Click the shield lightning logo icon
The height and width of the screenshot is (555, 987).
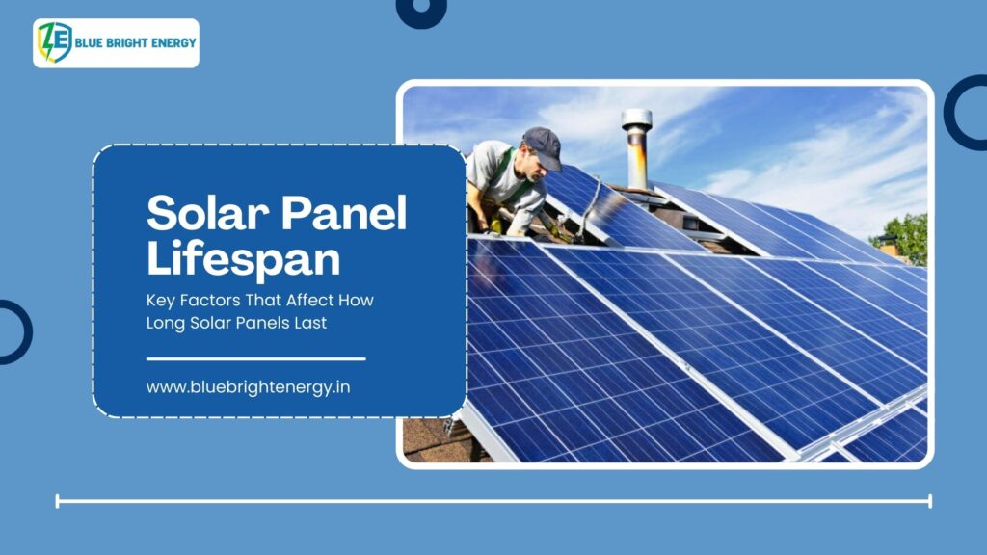[55, 42]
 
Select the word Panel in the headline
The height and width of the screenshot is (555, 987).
[344, 213]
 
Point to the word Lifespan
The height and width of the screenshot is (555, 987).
[244, 258]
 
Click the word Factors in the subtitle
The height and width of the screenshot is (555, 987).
[210, 301]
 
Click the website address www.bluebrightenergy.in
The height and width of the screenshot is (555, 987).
[248, 387]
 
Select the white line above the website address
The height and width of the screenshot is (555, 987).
[256, 359]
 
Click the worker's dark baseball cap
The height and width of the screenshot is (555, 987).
[543, 147]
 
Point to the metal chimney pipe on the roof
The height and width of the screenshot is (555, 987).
[636, 149]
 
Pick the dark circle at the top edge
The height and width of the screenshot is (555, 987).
[422, 12]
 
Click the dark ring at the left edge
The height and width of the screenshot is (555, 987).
[26, 332]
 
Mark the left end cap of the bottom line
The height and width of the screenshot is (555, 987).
[57, 501]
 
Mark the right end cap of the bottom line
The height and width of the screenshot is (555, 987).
[930, 501]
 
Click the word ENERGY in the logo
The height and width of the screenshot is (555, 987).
[173, 42]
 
